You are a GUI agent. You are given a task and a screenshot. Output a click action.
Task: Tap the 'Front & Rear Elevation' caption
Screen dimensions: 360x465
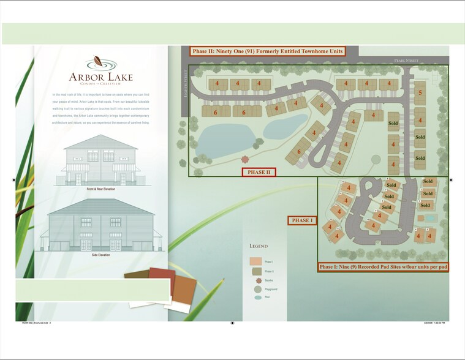(x=100, y=189)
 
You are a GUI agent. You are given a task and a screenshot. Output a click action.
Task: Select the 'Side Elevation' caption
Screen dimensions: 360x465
(x=100, y=255)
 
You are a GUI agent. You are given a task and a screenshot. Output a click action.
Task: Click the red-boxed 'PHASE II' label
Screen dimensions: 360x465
(x=259, y=172)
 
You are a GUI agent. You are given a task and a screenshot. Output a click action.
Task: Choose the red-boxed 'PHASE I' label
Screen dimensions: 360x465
(x=302, y=220)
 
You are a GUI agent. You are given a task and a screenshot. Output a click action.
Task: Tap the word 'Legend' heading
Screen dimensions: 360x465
(x=258, y=246)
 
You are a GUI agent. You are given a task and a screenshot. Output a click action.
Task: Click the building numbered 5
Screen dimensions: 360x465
(x=420, y=93)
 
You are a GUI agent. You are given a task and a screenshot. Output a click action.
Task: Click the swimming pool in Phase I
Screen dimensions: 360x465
(x=429, y=218)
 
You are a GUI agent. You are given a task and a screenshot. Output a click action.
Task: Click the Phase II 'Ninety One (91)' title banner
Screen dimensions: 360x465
(x=267, y=51)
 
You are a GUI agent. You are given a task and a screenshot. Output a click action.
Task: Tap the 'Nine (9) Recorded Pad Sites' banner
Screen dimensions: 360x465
(x=383, y=268)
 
